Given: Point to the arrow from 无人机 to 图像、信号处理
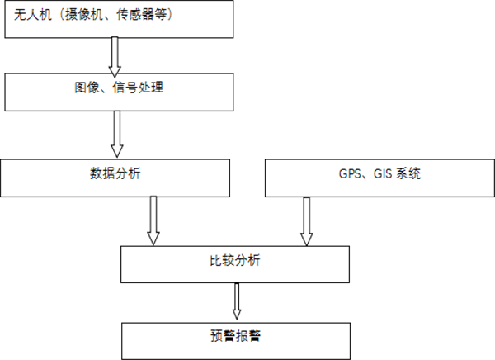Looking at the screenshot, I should click(115, 55).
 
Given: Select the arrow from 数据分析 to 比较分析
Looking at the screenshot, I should click(153, 220).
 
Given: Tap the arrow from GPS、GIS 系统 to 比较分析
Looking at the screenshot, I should click(306, 220).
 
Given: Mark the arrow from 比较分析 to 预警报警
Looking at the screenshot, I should click(237, 301).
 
